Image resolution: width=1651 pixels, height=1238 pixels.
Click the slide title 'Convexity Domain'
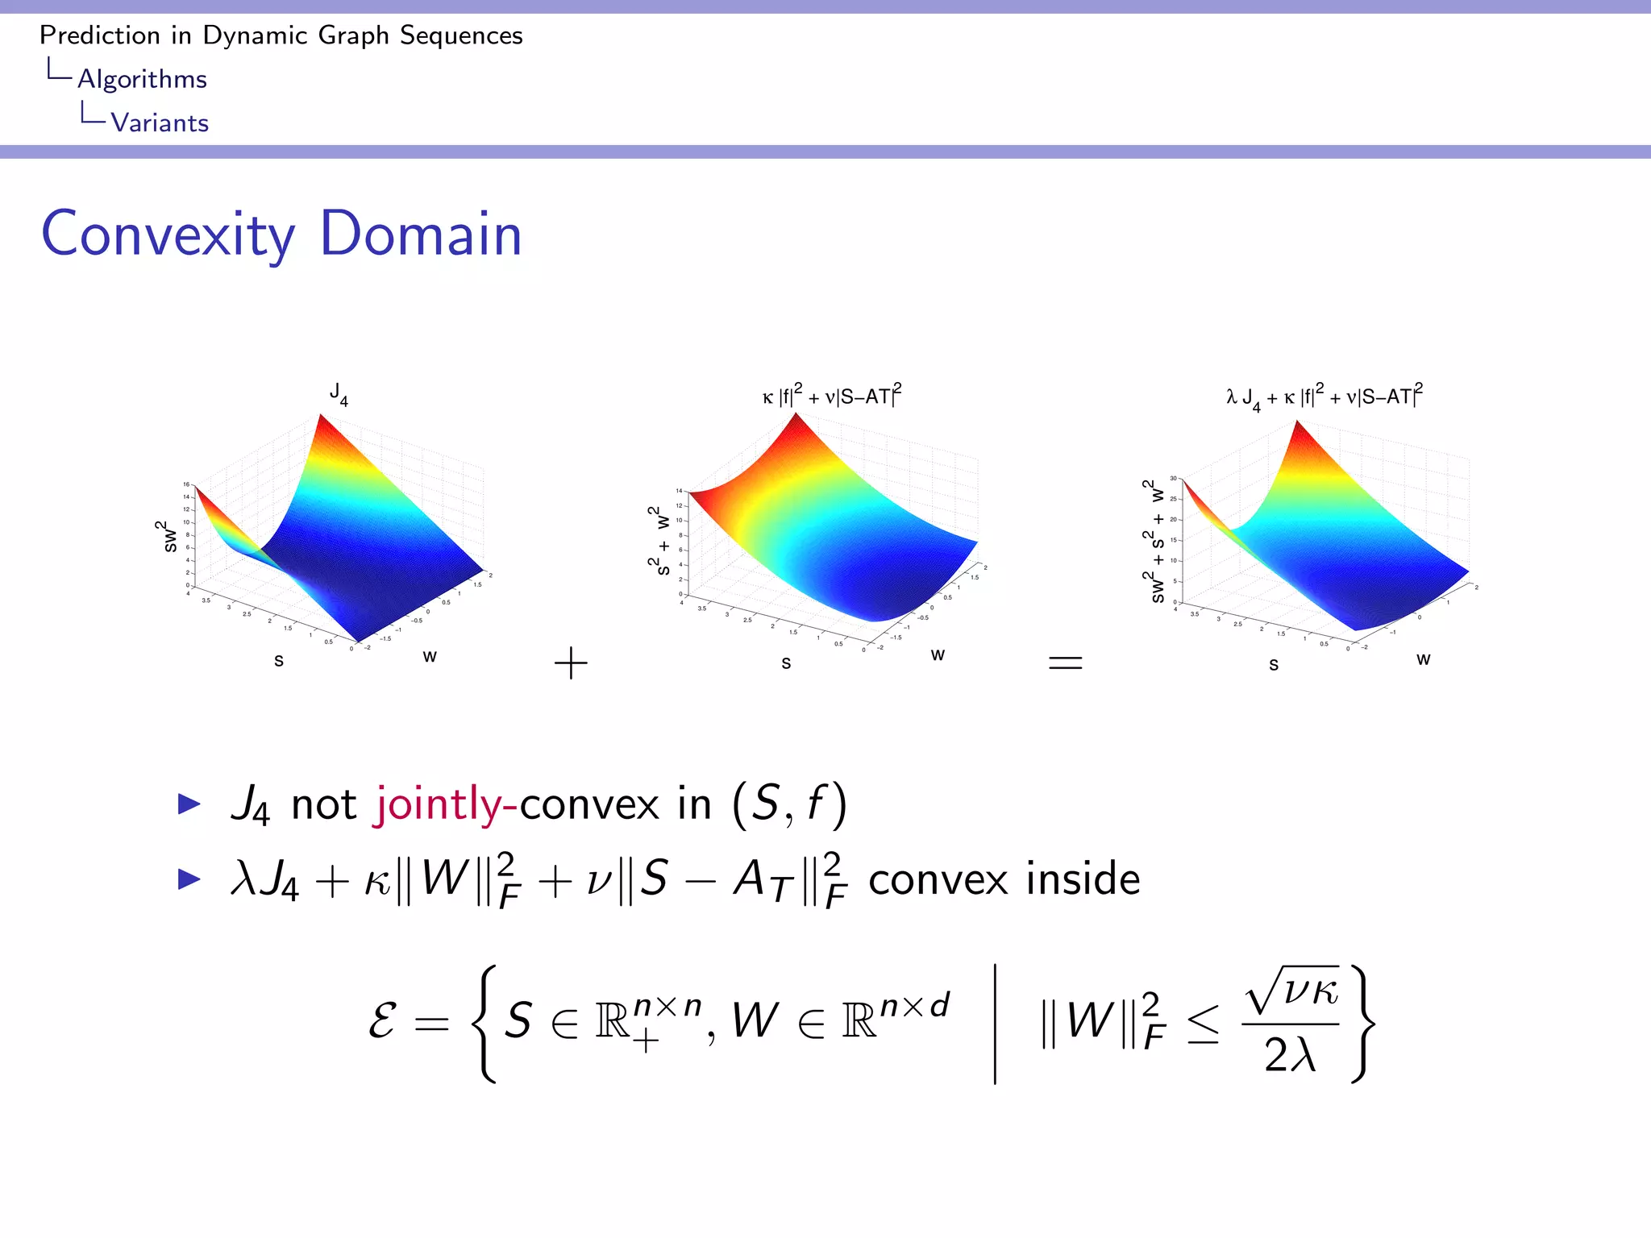click(281, 234)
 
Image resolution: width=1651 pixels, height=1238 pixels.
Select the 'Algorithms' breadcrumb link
click(142, 79)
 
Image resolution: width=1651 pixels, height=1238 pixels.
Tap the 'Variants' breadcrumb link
click(160, 123)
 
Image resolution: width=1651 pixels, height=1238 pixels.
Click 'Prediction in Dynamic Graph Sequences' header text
click(281, 35)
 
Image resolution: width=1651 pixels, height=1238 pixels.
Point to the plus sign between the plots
click(571, 663)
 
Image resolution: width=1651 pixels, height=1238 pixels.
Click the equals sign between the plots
click(1064, 663)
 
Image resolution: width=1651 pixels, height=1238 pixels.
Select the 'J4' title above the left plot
click(339, 394)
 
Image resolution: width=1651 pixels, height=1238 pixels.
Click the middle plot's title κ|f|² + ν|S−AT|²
click(832, 396)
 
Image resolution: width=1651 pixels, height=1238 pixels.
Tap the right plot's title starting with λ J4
click(1324, 396)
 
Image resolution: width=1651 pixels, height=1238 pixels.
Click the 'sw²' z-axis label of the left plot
click(168, 536)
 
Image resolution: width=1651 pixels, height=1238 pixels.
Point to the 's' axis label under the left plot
click(279, 661)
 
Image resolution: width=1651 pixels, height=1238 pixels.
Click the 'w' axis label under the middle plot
click(937, 654)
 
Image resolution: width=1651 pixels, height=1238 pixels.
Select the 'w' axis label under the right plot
click(1423, 658)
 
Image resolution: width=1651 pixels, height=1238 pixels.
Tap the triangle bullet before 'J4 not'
click(189, 804)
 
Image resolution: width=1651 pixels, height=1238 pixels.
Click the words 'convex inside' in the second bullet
click(1004, 879)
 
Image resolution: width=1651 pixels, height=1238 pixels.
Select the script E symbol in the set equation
click(382, 1021)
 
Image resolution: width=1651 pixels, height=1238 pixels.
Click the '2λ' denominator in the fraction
click(1290, 1054)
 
